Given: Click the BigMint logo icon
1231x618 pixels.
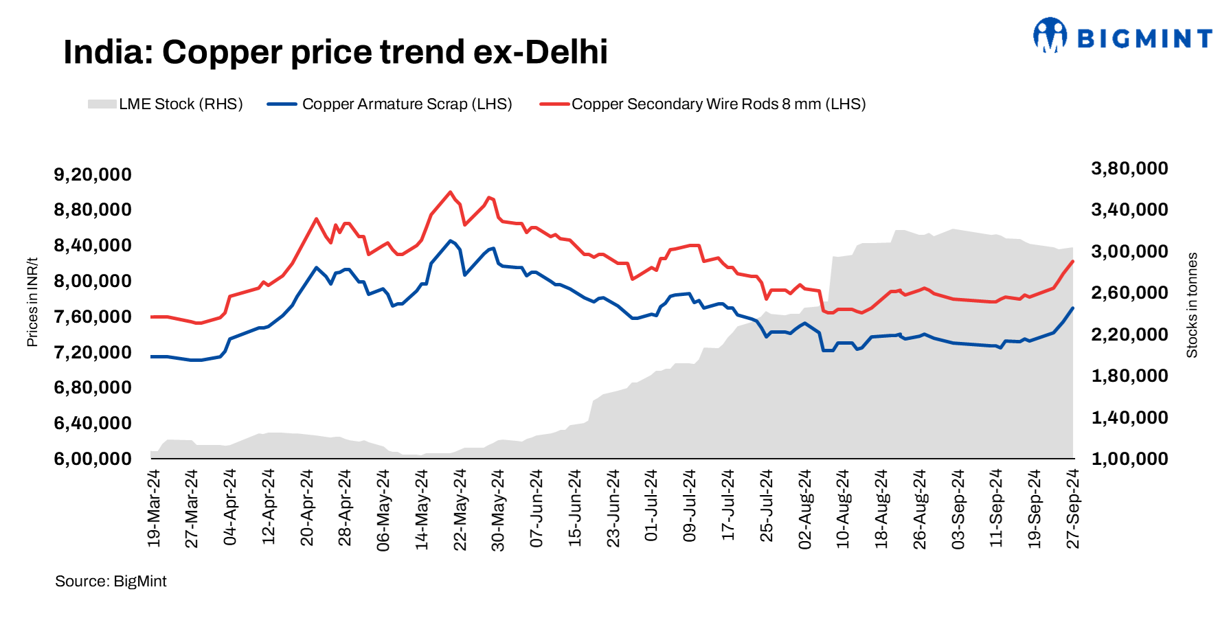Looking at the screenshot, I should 1050,35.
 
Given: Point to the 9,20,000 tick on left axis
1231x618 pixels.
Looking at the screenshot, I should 93,174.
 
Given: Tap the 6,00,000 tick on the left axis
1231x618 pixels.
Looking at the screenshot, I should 93,459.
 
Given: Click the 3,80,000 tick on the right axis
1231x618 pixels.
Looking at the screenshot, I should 1129,168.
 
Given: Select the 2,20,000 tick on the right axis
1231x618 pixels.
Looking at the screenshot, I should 1129,334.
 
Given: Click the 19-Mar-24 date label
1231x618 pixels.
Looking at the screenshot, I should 154,508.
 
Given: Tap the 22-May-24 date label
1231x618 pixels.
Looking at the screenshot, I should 460,508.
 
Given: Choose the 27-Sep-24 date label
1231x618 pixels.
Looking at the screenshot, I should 1073,508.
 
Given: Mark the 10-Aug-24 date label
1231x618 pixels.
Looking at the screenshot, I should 843,508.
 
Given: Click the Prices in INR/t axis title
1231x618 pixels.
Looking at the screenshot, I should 32,302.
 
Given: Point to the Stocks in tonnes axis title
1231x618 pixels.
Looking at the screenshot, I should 1192,305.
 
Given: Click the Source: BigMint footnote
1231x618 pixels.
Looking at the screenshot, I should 111,582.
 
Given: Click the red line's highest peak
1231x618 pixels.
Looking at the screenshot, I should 450,192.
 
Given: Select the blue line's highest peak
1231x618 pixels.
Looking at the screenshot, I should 450,240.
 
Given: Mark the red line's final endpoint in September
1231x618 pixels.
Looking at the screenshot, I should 1073,261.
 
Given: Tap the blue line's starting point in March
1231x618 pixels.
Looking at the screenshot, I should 151,356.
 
